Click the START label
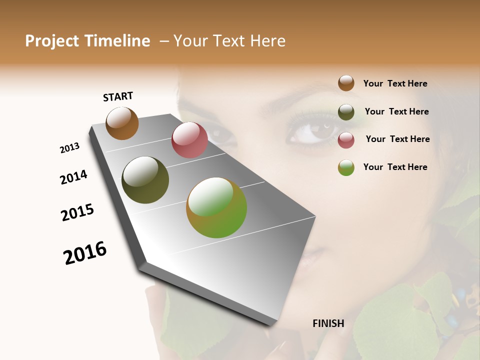pos(118,96)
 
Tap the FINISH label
pos(328,323)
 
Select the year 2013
pos(70,148)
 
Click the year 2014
pos(73,177)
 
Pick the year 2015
pos(77,212)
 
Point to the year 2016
pos(85,252)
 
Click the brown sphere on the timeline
pos(122,123)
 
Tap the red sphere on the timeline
pos(189,140)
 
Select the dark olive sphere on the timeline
pos(145,180)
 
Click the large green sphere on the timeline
pos(216,207)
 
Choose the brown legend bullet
pos(346,83)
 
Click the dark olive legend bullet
pos(346,112)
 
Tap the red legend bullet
pos(346,140)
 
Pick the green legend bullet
pos(346,167)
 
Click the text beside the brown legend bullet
pos(395,83)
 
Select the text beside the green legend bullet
pos(395,167)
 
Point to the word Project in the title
pos(52,41)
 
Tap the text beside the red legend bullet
pos(397,139)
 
